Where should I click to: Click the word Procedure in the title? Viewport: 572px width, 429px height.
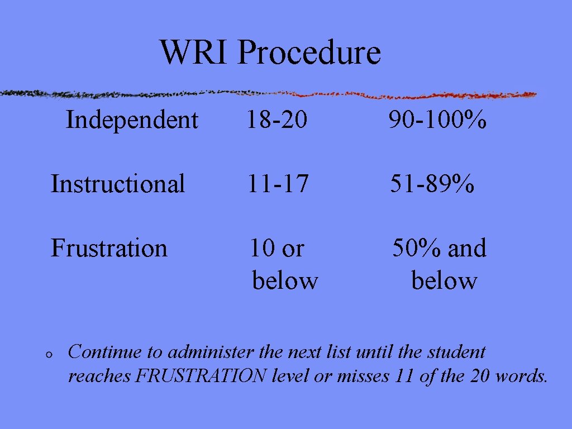click(x=309, y=54)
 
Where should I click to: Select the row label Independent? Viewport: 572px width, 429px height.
click(x=132, y=120)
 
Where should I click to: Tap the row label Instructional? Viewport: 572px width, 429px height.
click(x=118, y=184)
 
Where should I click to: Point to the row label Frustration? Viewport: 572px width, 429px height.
click(x=109, y=248)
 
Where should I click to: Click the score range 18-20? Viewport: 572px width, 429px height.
click(x=278, y=120)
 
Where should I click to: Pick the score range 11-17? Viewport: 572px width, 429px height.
click(x=278, y=184)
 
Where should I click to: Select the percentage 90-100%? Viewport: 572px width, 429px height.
click(x=437, y=120)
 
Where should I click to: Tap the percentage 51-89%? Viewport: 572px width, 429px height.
click(x=432, y=184)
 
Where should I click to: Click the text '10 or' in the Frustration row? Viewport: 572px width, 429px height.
click(x=277, y=248)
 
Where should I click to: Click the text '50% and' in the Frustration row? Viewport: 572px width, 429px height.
click(x=439, y=248)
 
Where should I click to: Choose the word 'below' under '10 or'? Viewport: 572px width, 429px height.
click(x=285, y=280)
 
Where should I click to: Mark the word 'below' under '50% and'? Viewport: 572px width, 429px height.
click(x=444, y=280)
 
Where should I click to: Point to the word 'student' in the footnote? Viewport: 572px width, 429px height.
click(x=456, y=352)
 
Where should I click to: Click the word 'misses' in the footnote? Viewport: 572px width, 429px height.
click(x=363, y=376)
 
